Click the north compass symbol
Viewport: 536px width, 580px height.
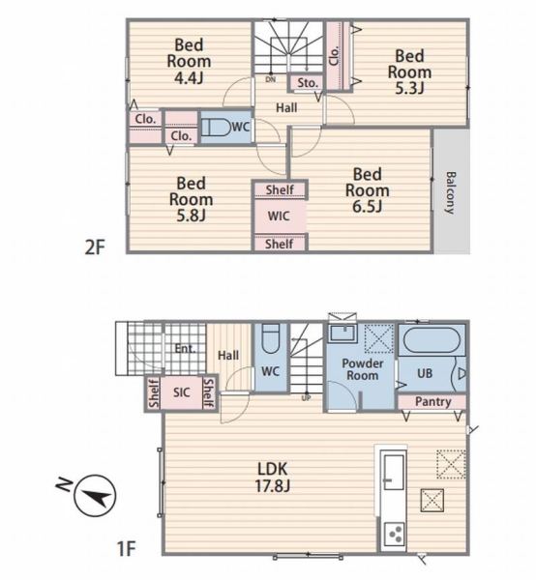pyautogui.click(x=96, y=496)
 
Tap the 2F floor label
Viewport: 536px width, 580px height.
pyautogui.click(x=95, y=247)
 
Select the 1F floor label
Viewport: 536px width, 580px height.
pyautogui.click(x=127, y=548)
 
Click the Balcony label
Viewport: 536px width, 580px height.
pyautogui.click(x=451, y=192)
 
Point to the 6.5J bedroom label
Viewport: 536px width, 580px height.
pyautogui.click(x=368, y=190)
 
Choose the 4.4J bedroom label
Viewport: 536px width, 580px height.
pyautogui.click(x=189, y=62)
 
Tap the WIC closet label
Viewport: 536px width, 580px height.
pyautogui.click(x=279, y=216)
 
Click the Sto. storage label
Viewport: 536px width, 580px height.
pyautogui.click(x=308, y=83)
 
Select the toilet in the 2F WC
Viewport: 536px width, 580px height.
pyautogui.click(x=216, y=128)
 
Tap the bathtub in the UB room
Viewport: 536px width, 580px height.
pyautogui.click(x=432, y=340)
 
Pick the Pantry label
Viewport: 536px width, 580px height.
pyautogui.click(x=433, y=402)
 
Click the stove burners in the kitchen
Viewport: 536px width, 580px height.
pyautogui.click(x=394, y=535)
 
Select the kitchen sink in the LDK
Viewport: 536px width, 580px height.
pyautogui.click(x=393, y=473)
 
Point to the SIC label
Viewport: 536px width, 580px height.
pyautogui.click(x=182, y=392)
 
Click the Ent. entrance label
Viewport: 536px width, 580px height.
pyautogui.click(x=185, y=348)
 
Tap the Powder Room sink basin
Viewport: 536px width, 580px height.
pyautogui.click(x=342, y=333)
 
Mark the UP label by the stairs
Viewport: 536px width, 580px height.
pyautogui.click(x=306, y=398)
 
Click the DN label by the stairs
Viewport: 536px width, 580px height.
pyautogui.click(x=271, y=79)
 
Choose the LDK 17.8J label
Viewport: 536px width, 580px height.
pyautogui.click(x=273, y=478)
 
